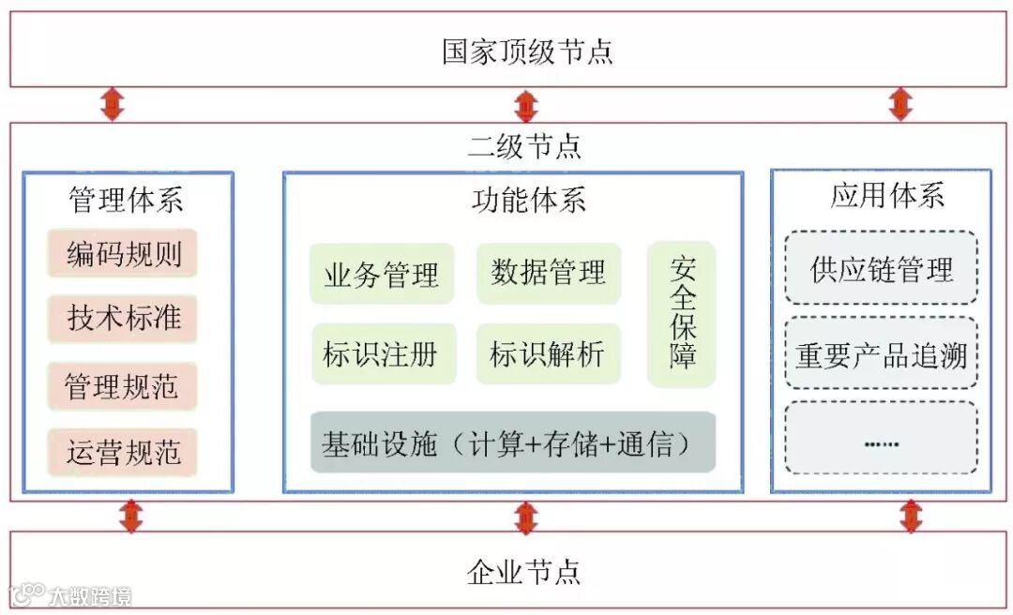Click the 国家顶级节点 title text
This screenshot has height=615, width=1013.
[527, 51]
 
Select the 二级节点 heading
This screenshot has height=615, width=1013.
[524, 146]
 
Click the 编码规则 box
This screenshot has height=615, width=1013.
[123, 253]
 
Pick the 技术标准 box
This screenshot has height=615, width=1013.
[123, 318]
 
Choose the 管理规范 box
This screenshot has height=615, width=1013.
[123, 386]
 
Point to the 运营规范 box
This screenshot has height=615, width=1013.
[123, 453]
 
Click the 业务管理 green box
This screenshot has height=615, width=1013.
[382, 275]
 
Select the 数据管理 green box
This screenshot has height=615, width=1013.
[549, 273]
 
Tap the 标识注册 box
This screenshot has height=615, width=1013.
[382, 354]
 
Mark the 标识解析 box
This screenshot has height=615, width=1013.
[549, 354]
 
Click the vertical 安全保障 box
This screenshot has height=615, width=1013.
[682, 314]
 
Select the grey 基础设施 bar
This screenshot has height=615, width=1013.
[513, 442]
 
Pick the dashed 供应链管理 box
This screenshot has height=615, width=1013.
[882, 269]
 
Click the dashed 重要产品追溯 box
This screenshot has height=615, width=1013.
[882, 355]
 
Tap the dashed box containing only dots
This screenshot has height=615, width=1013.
[882, 439]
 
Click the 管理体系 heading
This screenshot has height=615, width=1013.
[126, 199]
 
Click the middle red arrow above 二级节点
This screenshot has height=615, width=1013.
[526, 105]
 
